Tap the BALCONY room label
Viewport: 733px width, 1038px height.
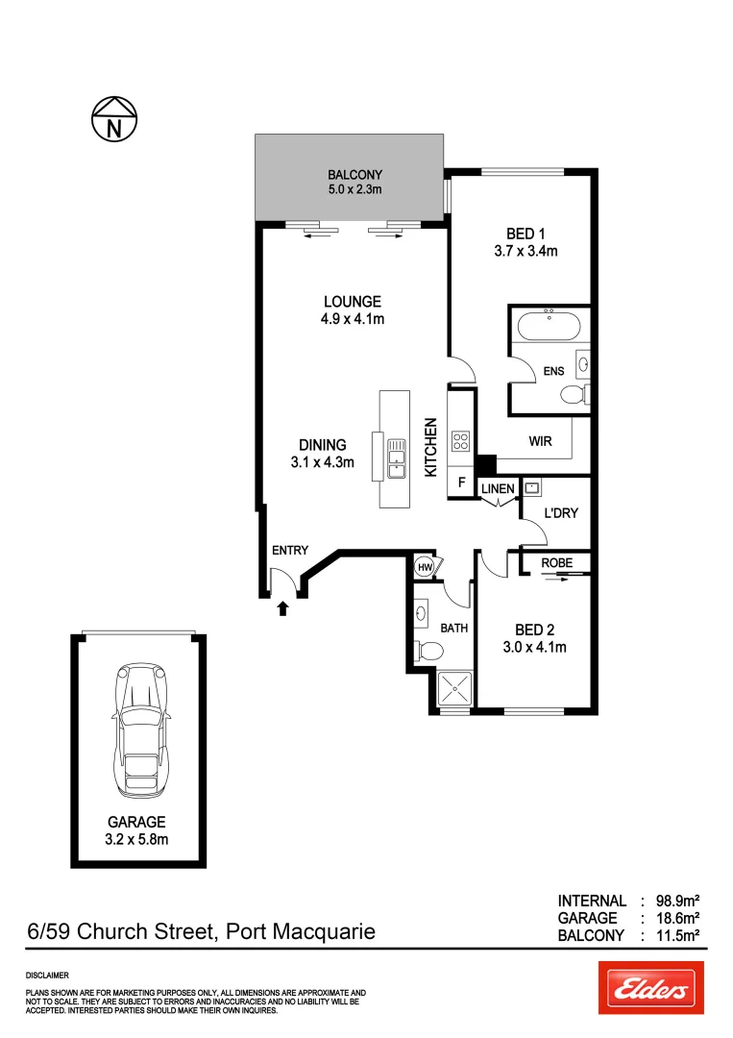coord(354,175)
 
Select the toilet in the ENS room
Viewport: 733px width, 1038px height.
coord(574,394)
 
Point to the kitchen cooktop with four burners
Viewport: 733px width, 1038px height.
coord(460,441)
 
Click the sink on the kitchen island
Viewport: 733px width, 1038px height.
coord(396,456)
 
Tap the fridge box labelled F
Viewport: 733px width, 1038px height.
coord(461,484)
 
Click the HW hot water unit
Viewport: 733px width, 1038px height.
coord(425,568)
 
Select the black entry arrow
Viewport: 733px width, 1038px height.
coord(282,607)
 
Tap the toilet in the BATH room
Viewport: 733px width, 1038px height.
coord(426,652)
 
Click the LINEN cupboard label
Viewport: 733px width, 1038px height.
coord(498,489)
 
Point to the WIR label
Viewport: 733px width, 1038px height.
coord(539,442)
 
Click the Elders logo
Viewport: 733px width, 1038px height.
coord(650,987)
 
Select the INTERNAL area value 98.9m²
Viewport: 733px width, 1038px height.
coord(677,901)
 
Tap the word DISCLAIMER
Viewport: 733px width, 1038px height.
coord(47,975)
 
